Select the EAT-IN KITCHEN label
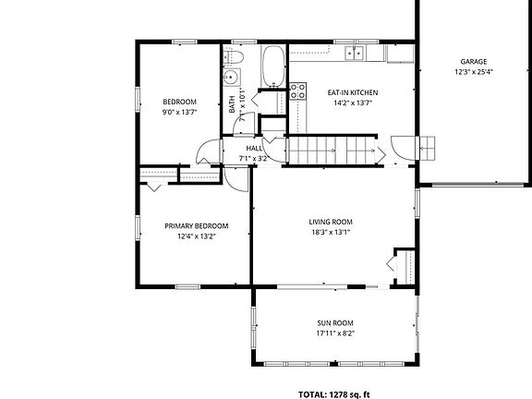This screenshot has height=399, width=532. (x=352, y=93)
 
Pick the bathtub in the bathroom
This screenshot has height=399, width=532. (x=273, y=66)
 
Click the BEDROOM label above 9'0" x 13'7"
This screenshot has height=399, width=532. (x=179, y=102)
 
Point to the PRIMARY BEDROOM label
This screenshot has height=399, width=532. (x=196, y=225)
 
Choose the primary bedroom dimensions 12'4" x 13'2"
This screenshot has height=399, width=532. (x=196, y=236)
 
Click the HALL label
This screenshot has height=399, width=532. (x=254, y=148)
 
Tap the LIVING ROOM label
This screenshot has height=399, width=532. (x=331, y=222)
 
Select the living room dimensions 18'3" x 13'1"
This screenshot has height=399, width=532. (x=331, y=233)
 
